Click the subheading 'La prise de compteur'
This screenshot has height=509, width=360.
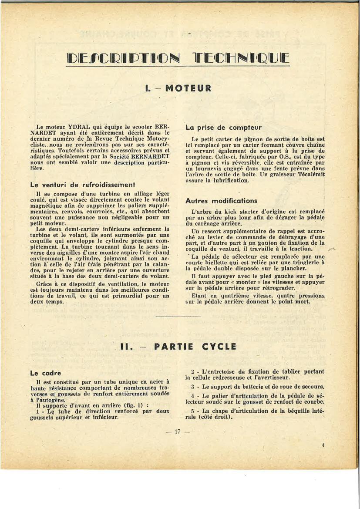pyautogui.click(x=223, y=128)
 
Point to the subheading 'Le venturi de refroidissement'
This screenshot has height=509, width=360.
pyautogui.click(x=83, y=185)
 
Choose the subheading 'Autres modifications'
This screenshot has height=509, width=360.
pyautogui.click(x=221, y=201)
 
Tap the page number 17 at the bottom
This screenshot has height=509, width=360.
pyautogui.click(x=177, y=432)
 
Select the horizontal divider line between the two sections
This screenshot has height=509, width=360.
pyautogui.click(x=178, y=316)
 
